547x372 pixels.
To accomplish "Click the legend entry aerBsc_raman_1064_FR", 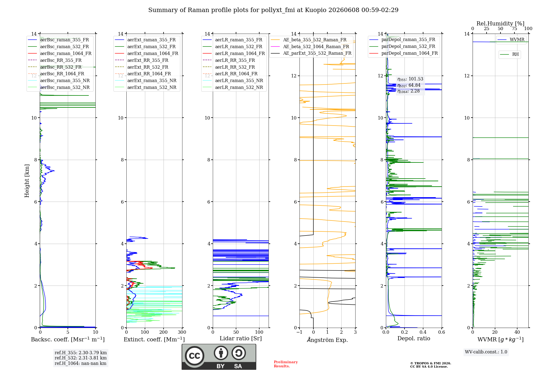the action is [x=60, y=53].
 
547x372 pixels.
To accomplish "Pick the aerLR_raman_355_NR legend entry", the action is [x=233, y=80].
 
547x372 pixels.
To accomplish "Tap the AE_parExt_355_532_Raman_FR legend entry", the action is [x=311, y=53].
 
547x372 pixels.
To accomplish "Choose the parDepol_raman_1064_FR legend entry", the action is [x=403, y=53].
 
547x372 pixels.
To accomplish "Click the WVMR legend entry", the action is [x=511, y=40].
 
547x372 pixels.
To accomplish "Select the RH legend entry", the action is [x=509, y=54].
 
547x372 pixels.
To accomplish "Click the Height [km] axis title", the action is [x=27, y=181].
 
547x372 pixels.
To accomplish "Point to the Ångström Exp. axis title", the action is [x=327, y=340].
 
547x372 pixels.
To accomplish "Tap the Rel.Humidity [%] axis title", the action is [x=501, y=24].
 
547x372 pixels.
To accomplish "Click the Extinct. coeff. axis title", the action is [x=154, y=339].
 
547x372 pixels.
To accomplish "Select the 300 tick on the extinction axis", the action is [x=182, y=332].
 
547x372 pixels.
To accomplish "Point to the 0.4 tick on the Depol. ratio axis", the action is [x=423, y=332].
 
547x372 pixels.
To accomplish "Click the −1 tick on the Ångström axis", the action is [x=299, y=332].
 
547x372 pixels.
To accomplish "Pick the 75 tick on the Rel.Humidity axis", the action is [x=514, y=28].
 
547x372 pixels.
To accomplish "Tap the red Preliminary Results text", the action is [x=286, y=364].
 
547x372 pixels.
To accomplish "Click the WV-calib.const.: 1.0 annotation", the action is [x=486, y=352].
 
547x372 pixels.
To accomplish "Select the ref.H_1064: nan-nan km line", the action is [x=80, y=364].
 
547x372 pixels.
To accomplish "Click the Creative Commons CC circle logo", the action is [x=194, y=356].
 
